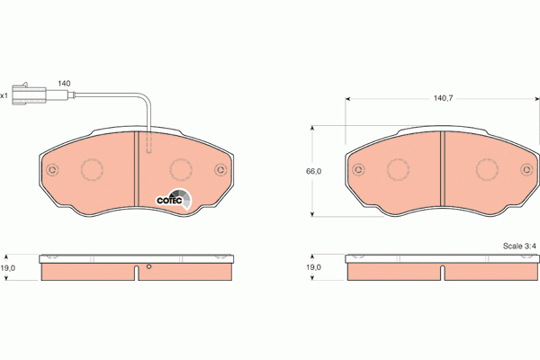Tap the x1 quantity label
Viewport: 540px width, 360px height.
coord(4,94)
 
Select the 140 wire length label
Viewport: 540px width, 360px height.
coord(64,83)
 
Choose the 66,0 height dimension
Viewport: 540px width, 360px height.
coord(314,170)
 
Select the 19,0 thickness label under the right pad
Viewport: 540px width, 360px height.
coord(312,266)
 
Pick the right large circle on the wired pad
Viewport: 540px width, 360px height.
coord(182,169)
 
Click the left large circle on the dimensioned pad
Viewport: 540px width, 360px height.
coord(399,169)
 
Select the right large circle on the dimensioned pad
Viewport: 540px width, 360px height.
coord(487,169)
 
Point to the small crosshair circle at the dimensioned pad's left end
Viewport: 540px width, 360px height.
coord(358,169)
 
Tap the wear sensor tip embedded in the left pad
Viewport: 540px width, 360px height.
coord(149,144)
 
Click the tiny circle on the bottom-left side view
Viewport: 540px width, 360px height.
coord(149,267)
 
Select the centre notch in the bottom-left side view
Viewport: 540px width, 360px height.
coord(138,273)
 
